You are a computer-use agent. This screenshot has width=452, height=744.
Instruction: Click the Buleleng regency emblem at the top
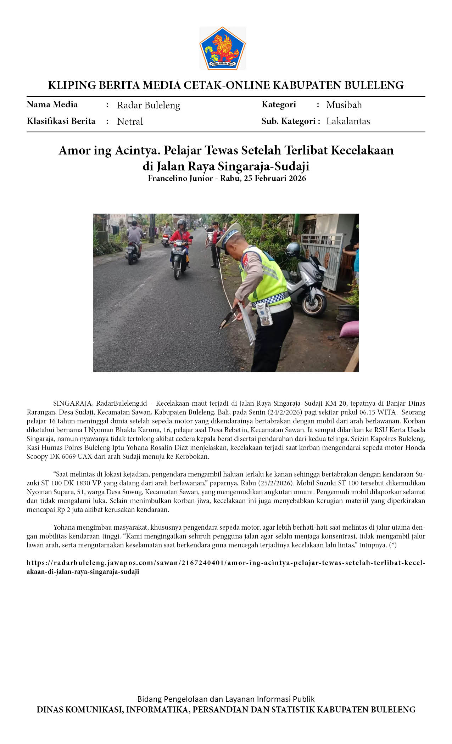click(x=223, y=48)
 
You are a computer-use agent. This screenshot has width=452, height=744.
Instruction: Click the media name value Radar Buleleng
click(x=149, y=105)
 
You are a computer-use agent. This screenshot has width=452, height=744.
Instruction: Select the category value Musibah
click(x=344, y=105)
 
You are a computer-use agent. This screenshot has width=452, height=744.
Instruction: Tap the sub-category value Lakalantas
click(x=348, y=121)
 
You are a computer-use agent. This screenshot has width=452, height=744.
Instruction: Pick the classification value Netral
click(x=130, y=122)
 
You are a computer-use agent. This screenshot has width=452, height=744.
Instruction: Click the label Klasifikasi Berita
click(x=61, y=121)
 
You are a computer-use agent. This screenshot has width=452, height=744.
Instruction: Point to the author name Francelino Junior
click(x=180, y=178)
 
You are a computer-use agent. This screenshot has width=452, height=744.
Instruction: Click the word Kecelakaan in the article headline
click(x=362, y=151)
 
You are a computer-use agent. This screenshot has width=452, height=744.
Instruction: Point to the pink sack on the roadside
click(x=349, y=329)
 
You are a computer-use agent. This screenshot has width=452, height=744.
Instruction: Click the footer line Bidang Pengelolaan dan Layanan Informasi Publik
click(x=226, y=699)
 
